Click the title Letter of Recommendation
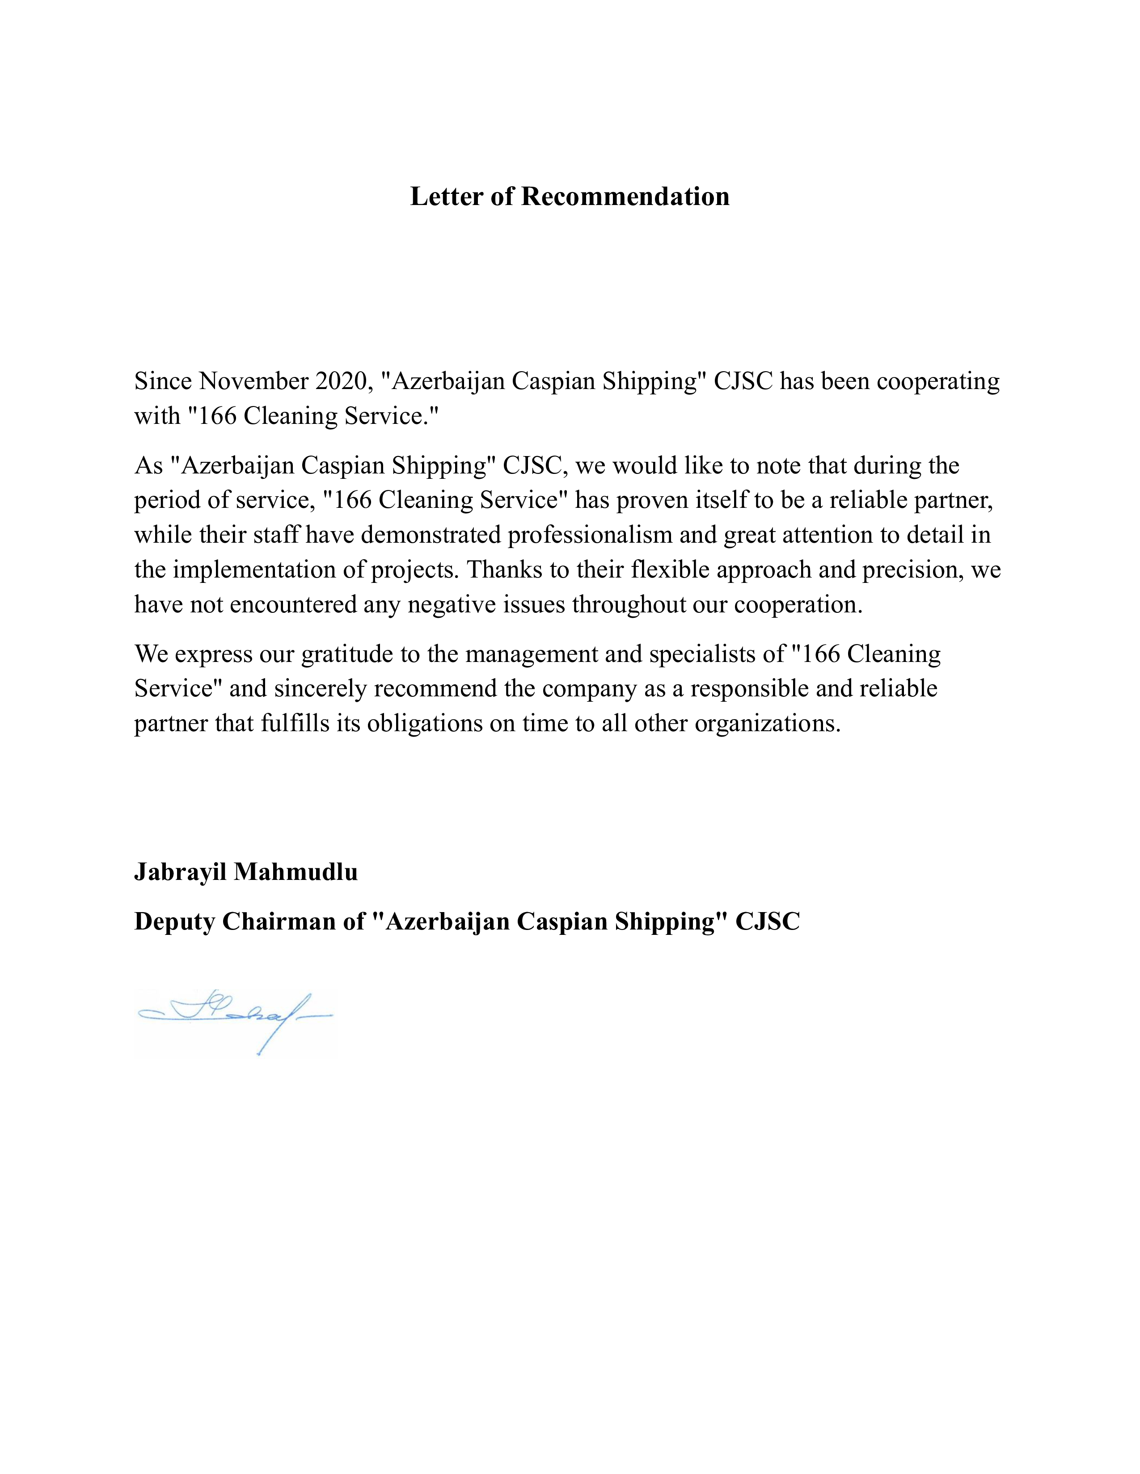(569, 197)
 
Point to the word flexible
(670, 569)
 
